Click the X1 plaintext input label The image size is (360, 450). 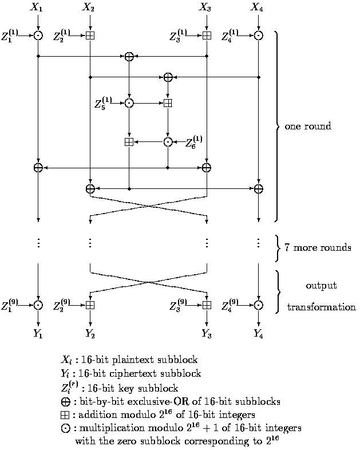tap(38, 7)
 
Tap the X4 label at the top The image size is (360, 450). tap(258, 7)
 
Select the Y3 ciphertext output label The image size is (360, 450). tap(206, 334)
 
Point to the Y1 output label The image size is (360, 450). tap(38, 334)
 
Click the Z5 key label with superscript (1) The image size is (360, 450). tap(103, 104)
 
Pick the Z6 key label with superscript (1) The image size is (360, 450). tap(193, 141)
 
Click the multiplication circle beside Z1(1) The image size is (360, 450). tap(38, 35)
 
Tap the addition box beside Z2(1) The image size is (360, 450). tap(90, 35)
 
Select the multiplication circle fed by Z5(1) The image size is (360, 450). tap(129, 103)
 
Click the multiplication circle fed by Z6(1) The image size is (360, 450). tap(168, 141)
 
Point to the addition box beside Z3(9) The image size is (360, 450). tap(207, 305)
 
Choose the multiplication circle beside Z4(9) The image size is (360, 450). tap(258, 305)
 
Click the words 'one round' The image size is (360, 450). tap(307, 126)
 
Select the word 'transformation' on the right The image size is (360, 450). tap(321, 307)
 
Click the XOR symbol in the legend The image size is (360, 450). tap(65, 401)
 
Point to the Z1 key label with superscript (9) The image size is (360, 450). tap(9, 305)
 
